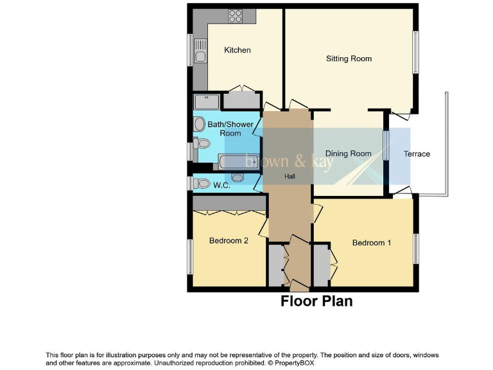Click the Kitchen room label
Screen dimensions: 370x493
click(237, 50)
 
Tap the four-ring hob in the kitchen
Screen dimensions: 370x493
click(234, 16)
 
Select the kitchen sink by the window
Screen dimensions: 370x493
click(200, 50)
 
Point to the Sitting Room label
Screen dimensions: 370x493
click(349, 58)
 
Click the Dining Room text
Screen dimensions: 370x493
click(348, 154)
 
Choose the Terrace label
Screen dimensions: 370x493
click(417, 154)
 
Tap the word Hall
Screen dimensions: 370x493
click(290, 176)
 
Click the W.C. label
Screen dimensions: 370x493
click(222, 186)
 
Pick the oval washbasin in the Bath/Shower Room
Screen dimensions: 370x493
click(200, 124)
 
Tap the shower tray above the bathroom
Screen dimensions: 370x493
click(207, 101)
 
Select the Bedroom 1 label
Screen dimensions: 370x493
click(371, 243)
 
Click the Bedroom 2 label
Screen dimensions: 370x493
click(229, 241)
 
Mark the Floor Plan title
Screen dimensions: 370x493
click(316, 301)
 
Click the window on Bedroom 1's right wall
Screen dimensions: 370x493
click(416, 249)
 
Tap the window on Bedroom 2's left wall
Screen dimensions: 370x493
click(189, 257)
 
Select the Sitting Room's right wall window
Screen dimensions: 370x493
click(416, 52)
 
